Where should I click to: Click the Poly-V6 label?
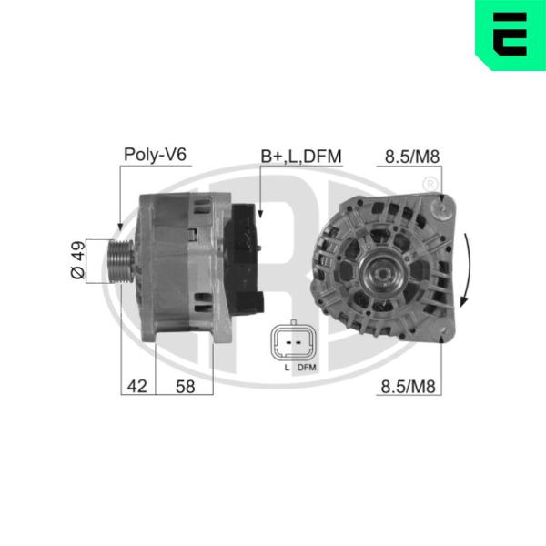click(x=156, y=154)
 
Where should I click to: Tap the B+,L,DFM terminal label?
click(x=301, y=156)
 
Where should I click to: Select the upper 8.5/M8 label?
click(x=412, y=157)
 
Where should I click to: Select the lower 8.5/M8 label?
click(x=408, y=386)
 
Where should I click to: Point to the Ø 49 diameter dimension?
click(x=78, y=259)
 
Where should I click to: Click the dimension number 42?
click(x=136, y=386)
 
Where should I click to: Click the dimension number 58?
click(x=186, y=386)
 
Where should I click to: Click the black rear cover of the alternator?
click(x=244, y=258)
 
